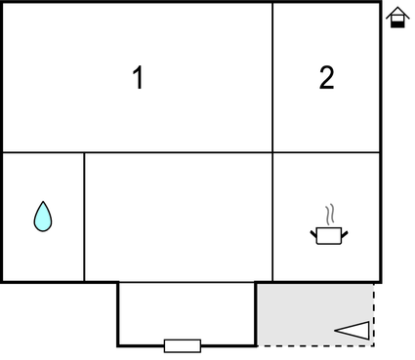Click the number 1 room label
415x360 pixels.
[x=139, y=78]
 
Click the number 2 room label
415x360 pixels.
[x=326, y=78]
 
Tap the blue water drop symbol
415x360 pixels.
[x=42, y=217]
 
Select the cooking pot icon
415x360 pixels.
[x=329, y=235]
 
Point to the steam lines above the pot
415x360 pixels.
[x=330, y=214]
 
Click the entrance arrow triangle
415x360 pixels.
[x=353, y=331]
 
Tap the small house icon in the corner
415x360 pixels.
[x=396, y=18]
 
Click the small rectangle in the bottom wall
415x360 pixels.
[x=183, y=345]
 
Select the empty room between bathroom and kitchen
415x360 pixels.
[x=178, y=217]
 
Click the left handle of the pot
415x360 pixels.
[x=314, y=232]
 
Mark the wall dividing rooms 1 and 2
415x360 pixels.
[x=272, y=78]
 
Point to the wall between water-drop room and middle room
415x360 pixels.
[x=84, y=217]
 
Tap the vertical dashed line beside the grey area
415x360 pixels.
[x=375, y=314]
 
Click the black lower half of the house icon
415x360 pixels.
[x=396, y=22]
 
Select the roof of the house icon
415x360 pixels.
[x=396, y=12]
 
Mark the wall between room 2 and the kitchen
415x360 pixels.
[x=326, y=152]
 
